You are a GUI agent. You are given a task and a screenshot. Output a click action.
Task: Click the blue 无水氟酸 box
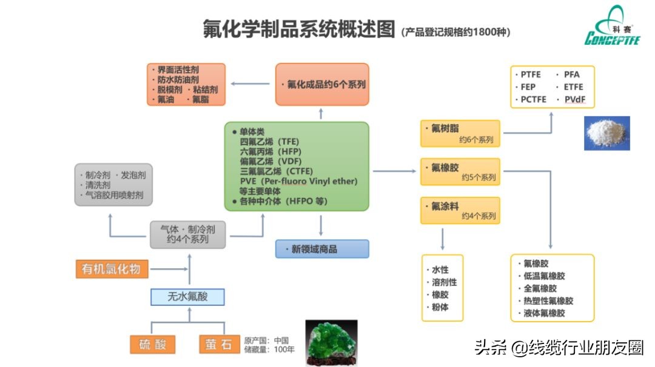coord(187,297)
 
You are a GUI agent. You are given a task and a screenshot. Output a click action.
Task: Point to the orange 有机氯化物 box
coord(112,269)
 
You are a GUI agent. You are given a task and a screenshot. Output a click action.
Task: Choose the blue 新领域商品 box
coord(322,249)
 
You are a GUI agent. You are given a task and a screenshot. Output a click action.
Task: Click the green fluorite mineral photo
coord(331,342)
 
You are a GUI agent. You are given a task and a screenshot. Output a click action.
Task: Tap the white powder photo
coord(606,133)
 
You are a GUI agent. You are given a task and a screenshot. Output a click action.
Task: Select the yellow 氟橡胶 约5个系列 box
coord(461,172)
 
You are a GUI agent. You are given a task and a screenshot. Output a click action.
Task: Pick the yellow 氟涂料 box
coord(461,210)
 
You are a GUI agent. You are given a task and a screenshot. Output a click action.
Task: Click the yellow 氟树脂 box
coord(461,133)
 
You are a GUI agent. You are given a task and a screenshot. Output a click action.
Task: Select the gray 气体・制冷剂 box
coord(188,234)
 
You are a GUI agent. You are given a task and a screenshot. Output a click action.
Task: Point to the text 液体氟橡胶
coord(544,313)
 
